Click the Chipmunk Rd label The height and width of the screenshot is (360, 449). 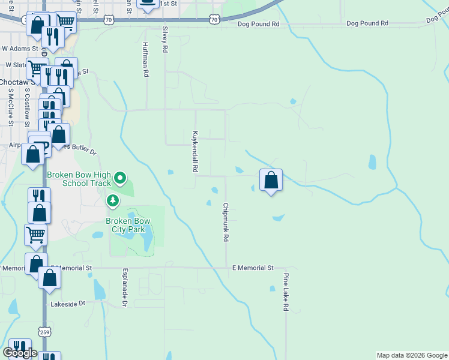[226, 222]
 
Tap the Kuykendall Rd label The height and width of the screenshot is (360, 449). [195, 152]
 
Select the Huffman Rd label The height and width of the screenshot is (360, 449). [145, 59]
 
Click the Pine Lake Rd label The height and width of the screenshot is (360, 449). [286, 293]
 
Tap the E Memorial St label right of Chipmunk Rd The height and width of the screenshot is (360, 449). [253, 268]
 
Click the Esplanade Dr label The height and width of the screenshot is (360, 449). [125, 288]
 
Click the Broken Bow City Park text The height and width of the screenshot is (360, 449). [128, 225]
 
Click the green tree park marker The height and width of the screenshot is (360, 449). [112, 200]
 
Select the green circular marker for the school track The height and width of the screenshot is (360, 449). [120, 178]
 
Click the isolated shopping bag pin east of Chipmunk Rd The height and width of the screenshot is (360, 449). [271, 179]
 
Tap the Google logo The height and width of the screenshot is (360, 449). [20, 353]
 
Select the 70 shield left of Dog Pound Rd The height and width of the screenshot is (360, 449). [214, 20]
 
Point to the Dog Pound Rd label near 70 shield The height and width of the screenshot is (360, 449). [259, 24]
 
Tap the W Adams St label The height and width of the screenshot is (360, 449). [20, 47]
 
